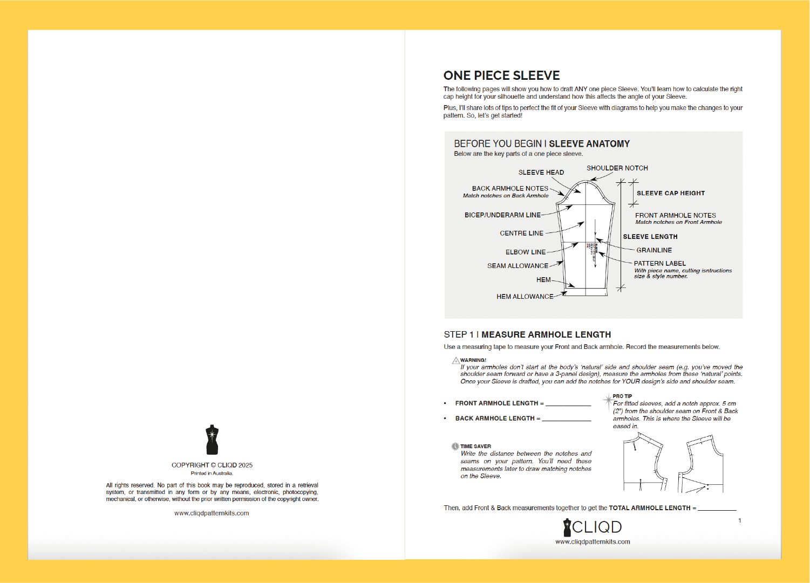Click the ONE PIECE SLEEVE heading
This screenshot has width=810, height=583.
pyautogui.click(x=501, y=76)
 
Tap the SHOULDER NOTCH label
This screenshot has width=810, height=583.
pyautogui.click(x=617, y=168)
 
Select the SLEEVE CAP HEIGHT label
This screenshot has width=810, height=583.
pyautogui.click(x=670, y=193)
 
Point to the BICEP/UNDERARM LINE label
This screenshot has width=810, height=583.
pyautogui.click(x=502, y=215)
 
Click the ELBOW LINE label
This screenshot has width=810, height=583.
pyautogui.click(x=525, y=252)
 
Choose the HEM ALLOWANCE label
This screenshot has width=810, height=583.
pyautogui.click(x=525, y=297)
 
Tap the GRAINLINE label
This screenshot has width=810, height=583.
pyautogui.click(x=654, y=250)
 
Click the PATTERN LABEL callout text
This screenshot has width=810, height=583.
pyautogui.click(x=659, y=264)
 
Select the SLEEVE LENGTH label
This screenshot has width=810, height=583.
pyautogui.click(x=650, y=237)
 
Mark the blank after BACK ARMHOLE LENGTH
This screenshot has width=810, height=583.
pyautogui.click(x=566, y=418)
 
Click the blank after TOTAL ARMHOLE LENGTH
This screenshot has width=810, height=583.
pyautogui.click(x=717, y=507)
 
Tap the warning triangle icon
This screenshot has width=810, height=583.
pyautogui.click(x=456, y=360)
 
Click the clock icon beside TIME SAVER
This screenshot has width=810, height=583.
pyautogui.click(x=455, y=447)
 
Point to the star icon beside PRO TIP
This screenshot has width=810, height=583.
pyautogui.click(x=608, y=400)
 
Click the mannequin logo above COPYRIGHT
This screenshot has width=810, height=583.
pyautogui.click(x=212, y=440)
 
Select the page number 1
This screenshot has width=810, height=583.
pyautogui.click(x=739, y=520)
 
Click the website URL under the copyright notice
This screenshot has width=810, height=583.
pyautogui.click(x=212, y=513)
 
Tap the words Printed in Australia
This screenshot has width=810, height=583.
pyautogui.click(x=212, y=474)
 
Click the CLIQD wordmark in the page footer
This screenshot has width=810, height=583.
pyautogui.click(x=596, y=527)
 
